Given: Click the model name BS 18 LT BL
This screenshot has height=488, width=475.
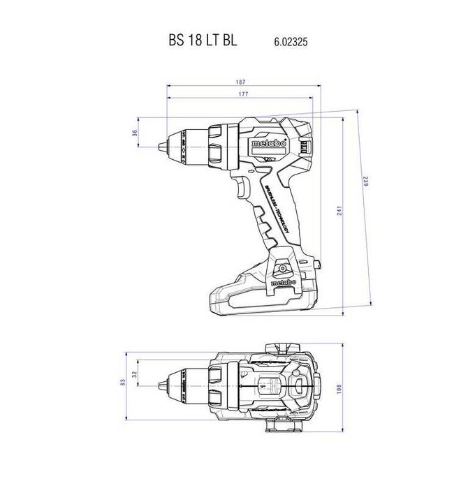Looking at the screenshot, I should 203,40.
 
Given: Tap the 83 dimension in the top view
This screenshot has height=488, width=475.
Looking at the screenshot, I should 123,381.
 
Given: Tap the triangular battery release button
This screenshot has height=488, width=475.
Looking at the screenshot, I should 282,267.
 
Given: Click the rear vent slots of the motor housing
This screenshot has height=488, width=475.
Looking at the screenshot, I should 305,147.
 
